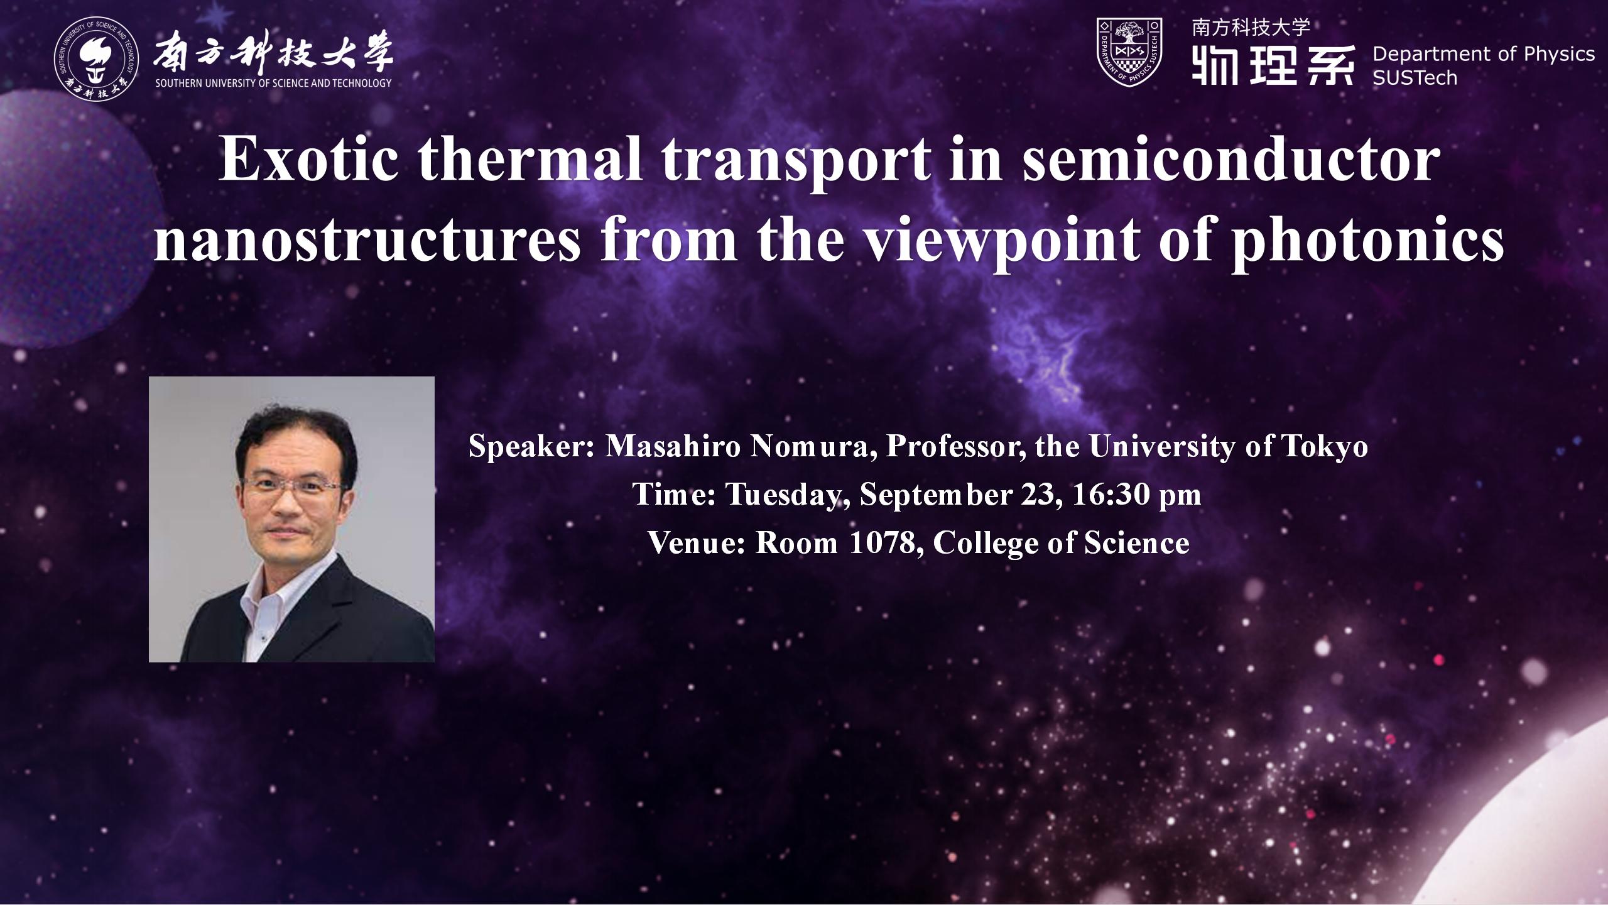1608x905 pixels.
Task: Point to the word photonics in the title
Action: coord(1367,242)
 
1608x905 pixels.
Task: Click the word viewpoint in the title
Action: coord(1001,242)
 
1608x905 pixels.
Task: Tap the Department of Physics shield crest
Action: coord(1129,52)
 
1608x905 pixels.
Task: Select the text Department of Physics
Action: coord(1484,55)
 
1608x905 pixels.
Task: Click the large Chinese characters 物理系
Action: coord(1273,64)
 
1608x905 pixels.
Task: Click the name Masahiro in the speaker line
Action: coord(673,446)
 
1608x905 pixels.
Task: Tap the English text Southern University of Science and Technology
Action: coord(273,83)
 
